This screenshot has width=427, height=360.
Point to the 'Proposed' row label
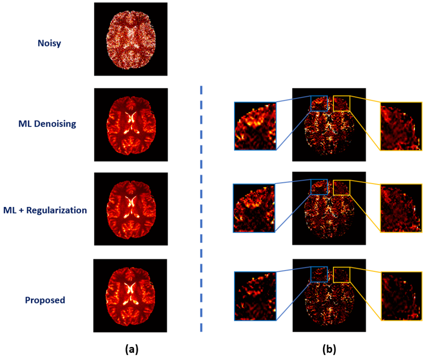(x=45, y=300)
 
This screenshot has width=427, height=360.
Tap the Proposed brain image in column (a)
(x=130, y=295)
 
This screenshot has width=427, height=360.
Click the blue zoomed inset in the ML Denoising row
(x=255, y=126)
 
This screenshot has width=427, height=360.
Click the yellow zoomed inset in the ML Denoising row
(x=401, y=126)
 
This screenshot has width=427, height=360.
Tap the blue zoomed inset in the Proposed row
(x=255, y=295)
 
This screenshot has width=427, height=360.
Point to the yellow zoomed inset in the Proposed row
(x=401, y=295)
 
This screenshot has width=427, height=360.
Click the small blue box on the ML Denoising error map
(x=319, y=103)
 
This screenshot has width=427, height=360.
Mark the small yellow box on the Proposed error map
(x=341, y=274)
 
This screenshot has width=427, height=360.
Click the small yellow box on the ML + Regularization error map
(x=341, y=187)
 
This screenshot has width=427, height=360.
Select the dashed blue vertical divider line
(x=201, y=210)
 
